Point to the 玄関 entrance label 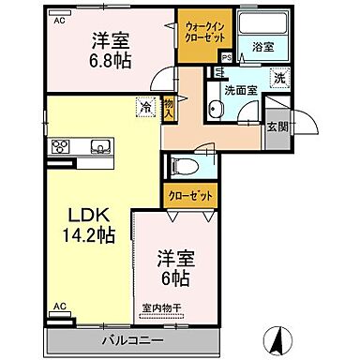[277, 127]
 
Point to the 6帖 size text [174, 278]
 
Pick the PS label [225, 56]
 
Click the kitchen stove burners [62, 145]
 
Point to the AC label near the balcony [58, 307]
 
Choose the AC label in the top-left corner [58, 20]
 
